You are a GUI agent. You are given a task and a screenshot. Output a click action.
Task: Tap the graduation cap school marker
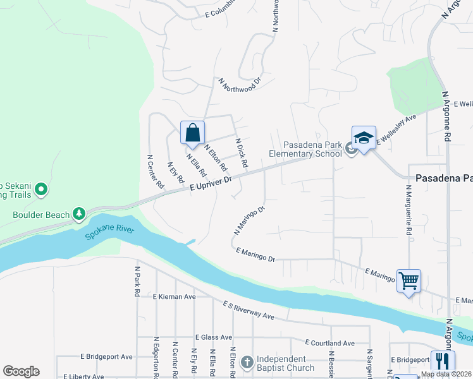(x=364, y=139)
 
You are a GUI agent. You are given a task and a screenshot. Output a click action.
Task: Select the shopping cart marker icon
(x=408, y=280)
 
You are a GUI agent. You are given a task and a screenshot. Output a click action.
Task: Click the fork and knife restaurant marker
(x=443, y=362)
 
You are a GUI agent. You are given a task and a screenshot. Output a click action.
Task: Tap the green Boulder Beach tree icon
(x=78, y=215)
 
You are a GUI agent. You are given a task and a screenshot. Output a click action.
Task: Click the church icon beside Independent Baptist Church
(x=247, y=363)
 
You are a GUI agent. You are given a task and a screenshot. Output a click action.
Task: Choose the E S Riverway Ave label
(x=248, y=310)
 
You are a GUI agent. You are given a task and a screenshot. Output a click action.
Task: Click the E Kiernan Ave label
(x=174, y=296)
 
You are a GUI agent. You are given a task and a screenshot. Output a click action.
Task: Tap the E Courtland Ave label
(x=329, y=343)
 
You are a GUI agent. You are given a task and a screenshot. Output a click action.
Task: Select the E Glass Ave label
(x=214, y=337)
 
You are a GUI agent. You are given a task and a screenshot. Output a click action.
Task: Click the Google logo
(x=21, y=371)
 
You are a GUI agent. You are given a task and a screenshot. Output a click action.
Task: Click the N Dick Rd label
(x=241, y=153)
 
